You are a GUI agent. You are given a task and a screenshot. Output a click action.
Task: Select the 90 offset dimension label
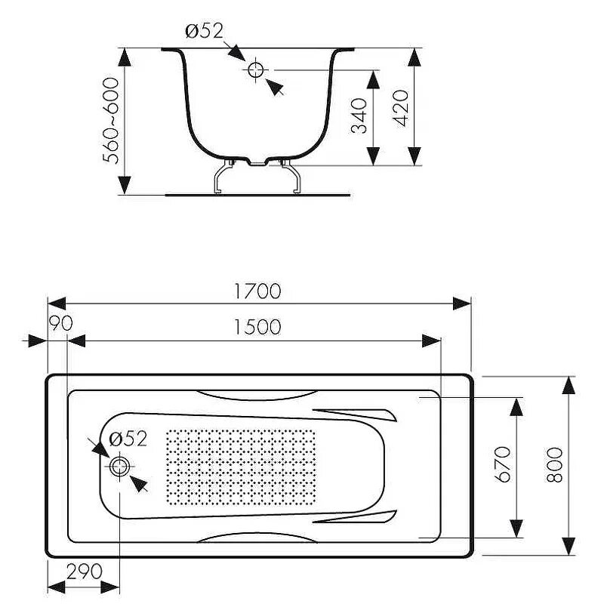point(60,323)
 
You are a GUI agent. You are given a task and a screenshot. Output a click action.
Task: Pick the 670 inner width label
point(504,465)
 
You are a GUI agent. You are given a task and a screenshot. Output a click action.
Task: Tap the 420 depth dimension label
point(401,107)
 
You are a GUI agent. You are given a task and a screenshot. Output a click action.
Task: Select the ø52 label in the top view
point(127,439)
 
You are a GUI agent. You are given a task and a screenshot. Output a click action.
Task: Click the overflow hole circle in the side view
point(255,70)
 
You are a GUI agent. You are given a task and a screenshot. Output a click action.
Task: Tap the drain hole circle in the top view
point(119,467)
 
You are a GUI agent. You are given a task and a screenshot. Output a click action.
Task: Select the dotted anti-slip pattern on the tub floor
point(240,467)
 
